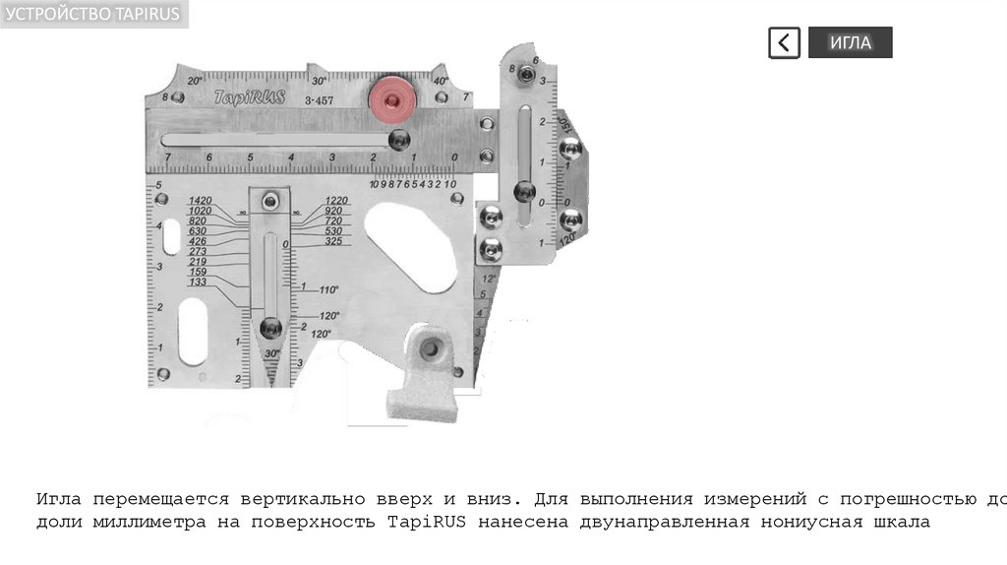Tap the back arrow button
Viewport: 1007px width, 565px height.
point(784,42)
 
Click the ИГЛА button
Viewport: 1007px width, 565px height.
point(850,42)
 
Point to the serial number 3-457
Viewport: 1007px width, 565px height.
point(319,101)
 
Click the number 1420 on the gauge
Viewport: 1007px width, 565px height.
point(201,201)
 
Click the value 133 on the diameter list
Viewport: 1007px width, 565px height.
point(198,282)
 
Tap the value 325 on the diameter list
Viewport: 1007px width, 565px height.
point(333,241)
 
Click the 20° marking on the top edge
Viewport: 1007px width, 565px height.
point(194,80)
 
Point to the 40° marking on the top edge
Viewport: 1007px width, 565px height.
point(440,81)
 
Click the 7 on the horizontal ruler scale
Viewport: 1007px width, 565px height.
point(168,157)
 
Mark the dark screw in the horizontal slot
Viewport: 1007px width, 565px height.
point(397,140)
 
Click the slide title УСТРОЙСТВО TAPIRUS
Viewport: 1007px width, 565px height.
point(93,12)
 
